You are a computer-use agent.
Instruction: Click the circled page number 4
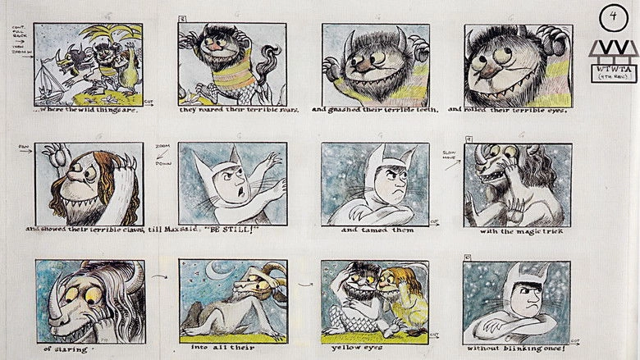pos(614,16)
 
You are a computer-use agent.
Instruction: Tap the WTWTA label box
pos(614,72)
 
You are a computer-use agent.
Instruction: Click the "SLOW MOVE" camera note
pos(450,156)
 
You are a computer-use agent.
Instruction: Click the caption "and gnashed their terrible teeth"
pos(374,109)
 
